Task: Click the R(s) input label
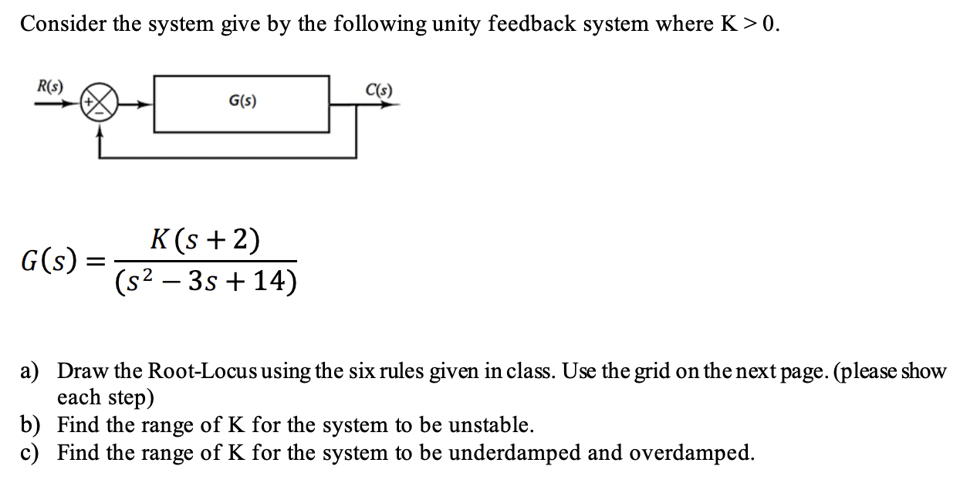pyautogui.click(x=51, y=86)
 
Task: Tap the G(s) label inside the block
pyautogui.click(x=243, y=101)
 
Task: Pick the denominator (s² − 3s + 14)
pyautogui.click(x=205, y=282)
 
